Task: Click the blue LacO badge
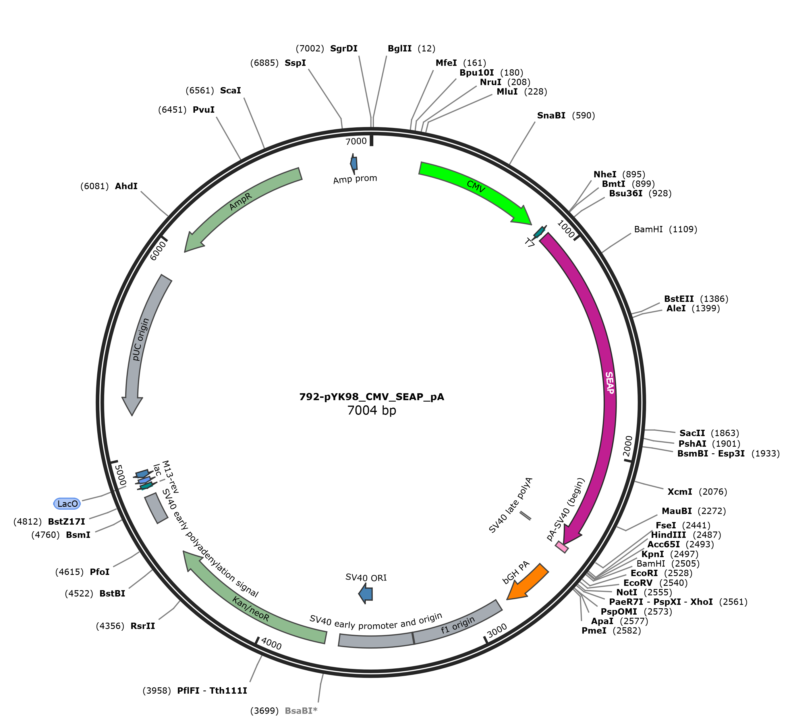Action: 67,504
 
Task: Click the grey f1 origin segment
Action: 458,624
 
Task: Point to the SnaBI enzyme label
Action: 551,115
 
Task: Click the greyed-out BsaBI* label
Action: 301,711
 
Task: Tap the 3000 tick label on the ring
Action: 497,631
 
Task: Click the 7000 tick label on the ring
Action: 356,141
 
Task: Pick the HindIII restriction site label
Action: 668,535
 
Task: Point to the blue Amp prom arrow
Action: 354,163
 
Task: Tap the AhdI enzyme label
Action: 126,186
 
